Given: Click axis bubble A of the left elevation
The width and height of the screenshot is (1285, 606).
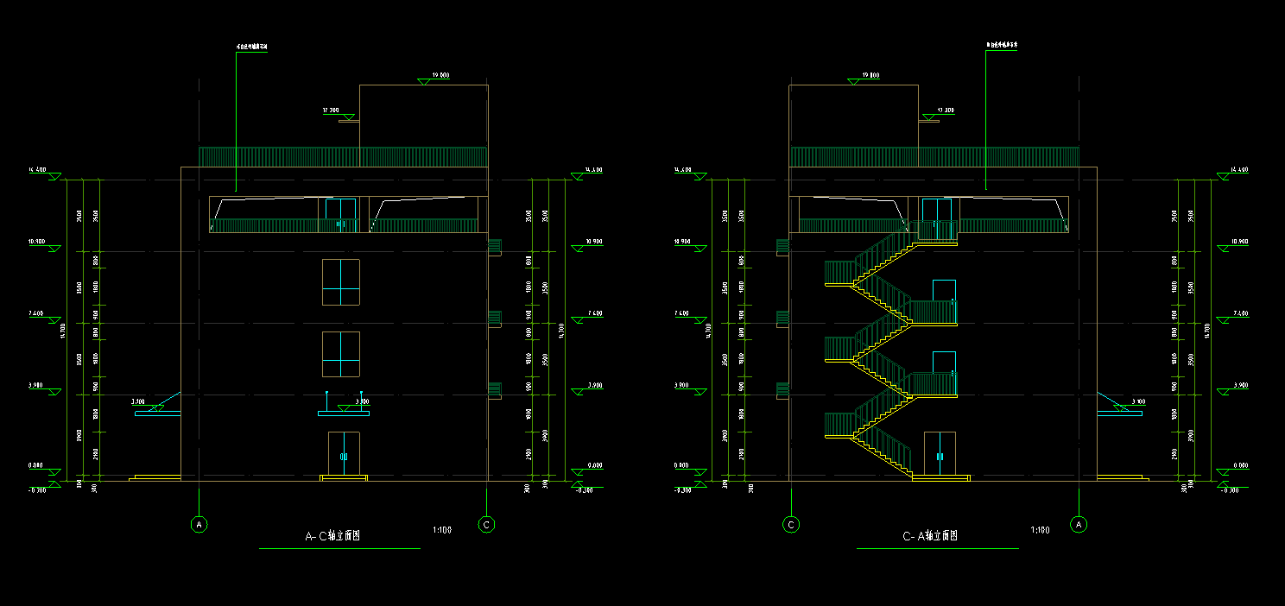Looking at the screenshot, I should point(199,524).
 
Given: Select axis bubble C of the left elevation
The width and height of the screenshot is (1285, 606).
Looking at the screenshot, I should point(487,524).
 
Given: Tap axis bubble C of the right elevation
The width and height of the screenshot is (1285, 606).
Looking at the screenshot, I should point(791,524).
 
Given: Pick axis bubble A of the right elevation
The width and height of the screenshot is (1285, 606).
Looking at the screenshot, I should point(1078,524).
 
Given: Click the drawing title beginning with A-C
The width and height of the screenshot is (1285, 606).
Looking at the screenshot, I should point(332,536).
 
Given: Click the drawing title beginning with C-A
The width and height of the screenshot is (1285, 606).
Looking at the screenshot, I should point(930,536).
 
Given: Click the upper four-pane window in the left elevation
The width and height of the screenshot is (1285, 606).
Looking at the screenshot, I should point(341,281).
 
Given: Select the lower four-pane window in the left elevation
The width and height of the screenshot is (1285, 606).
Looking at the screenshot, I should point(341,354).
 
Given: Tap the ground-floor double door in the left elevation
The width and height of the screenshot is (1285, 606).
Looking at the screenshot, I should point(343,453).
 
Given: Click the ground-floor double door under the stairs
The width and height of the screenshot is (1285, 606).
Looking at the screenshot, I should point(940,453).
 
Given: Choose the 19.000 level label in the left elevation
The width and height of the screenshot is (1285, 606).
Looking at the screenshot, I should point(439,76).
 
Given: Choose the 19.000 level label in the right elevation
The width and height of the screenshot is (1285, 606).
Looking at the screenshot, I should point(870,76).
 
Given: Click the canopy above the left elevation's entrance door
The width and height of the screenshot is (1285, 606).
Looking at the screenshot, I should point(343,413).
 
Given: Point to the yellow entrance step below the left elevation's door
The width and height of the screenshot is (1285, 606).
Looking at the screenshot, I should point(343,477).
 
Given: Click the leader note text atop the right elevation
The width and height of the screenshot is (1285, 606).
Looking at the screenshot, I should point(1002,45).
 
